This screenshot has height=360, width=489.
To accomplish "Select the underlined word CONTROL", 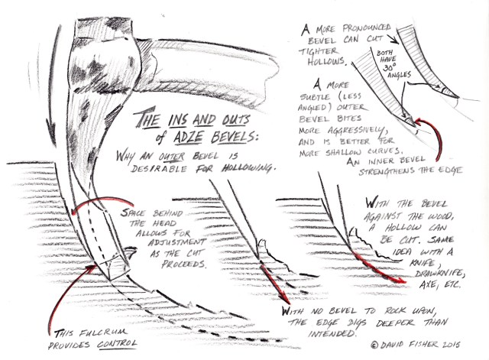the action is pos(117,344).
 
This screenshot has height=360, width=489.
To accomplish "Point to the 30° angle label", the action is pos(390,67).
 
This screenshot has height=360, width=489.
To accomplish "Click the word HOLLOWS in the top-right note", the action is pos(327,62).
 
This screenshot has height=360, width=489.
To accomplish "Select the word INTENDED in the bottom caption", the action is pos(332,333).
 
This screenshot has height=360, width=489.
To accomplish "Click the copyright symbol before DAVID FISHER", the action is pos(374,345).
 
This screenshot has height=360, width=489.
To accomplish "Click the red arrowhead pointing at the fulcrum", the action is pos(91,268).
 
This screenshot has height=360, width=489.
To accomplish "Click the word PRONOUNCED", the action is pos(367,28).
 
